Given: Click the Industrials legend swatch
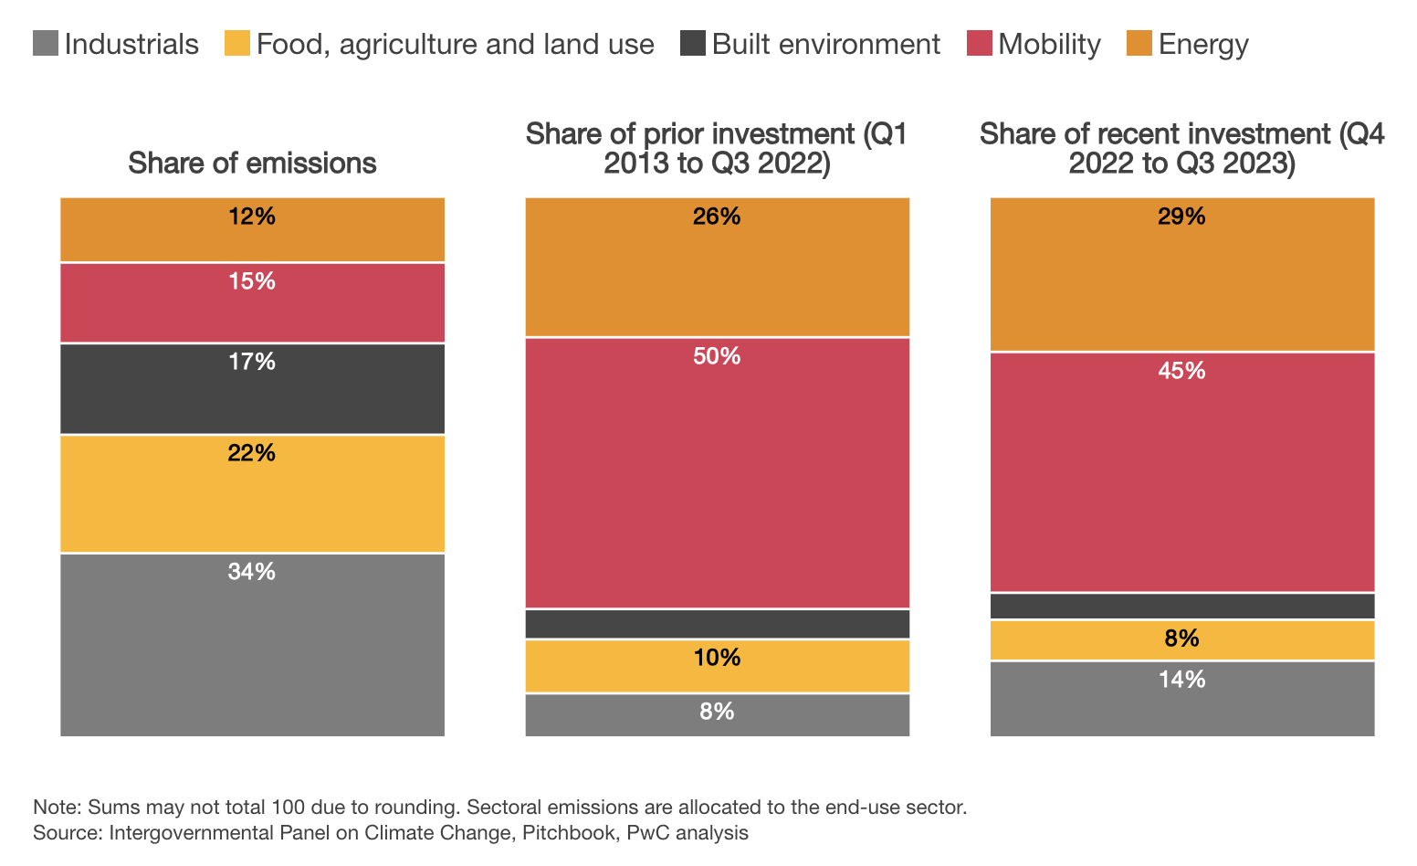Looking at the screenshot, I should [x=45, y=44].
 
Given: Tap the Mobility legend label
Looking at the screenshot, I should [x=1049, y=44].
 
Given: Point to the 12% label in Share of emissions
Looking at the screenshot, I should [x=252, y=216].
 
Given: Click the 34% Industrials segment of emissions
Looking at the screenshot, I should [x=252, y=644].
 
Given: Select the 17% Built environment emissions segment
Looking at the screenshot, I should [x=252, y=389].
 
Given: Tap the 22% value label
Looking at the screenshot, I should [x=252, y=453].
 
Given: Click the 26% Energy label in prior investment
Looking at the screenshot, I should [x=718, y=216].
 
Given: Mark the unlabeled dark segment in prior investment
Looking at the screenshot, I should [x=718, y=624].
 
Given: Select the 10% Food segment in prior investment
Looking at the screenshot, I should [x=718, y=666].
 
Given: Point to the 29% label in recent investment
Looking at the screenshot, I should [x=1182, y=216].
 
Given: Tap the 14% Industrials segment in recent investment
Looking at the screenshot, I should [x=1182, y=698].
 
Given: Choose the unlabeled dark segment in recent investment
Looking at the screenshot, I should [x=1182, y=606].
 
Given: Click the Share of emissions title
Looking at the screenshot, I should [x=252, y=163].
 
